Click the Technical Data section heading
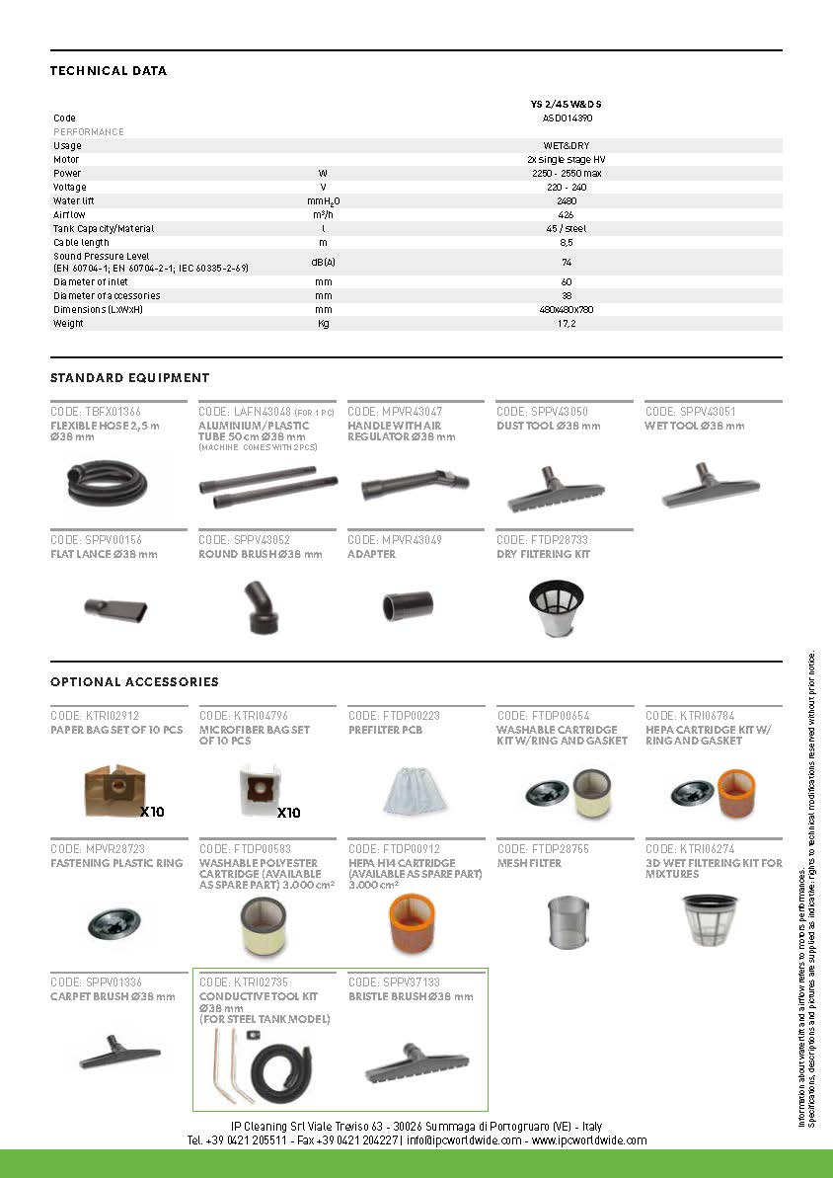click(109, 71)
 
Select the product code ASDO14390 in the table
click(568, 118)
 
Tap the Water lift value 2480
click(567, 200)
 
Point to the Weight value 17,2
click(567, 323)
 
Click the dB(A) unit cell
click(323, 263)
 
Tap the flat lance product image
click(116, 607)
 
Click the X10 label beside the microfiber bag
click(288, 813)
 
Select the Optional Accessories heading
click(134, 682)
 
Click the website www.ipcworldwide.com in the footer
click(590, 1140)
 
